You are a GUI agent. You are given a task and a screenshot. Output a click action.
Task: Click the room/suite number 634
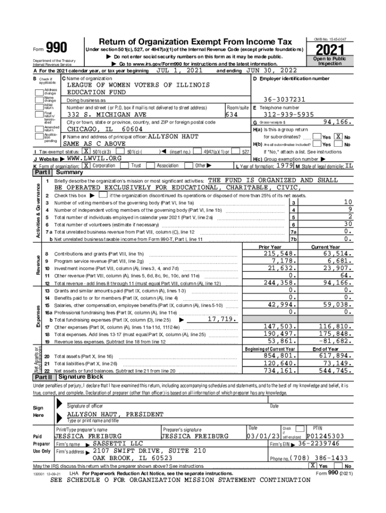tap(231, 114)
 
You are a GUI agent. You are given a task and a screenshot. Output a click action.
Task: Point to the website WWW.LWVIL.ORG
tap(94, 158)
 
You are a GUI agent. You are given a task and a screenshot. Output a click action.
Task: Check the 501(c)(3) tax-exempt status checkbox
tap(86, 152)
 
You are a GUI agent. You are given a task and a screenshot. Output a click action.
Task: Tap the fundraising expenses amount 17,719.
tap(221, 319)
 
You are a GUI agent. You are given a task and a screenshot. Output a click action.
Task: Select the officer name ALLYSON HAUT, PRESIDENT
tap(115, 415)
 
